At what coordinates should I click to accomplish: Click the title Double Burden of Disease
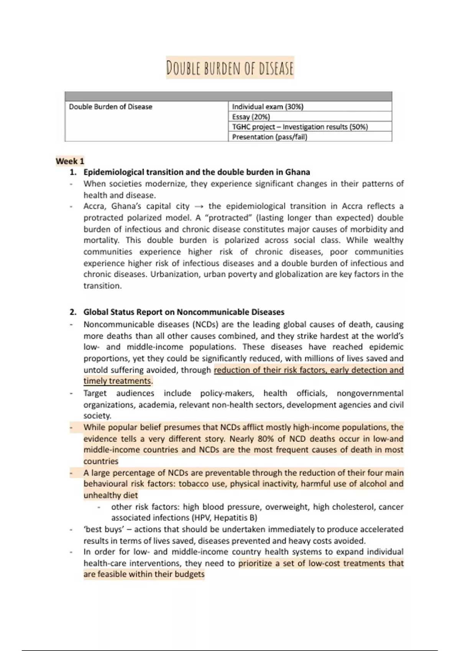(x=230, y=68)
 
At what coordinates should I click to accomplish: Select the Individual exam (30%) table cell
(x=268, y=107)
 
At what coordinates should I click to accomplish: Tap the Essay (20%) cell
(x=251, y=117)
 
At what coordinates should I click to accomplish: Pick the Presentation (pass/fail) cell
(x=269, y=137)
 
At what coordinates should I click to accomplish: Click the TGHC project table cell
(x=300, y=127)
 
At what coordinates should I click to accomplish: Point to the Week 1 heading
(x=70, y=161)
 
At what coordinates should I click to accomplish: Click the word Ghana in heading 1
(x=297, y=172)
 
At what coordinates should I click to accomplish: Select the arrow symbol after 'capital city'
(x=198, y=206)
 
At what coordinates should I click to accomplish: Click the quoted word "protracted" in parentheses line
(x=233, y=218)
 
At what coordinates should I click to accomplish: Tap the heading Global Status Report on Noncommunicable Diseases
(x=184, y=312)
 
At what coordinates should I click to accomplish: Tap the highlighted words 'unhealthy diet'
(x=111, y=495)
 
